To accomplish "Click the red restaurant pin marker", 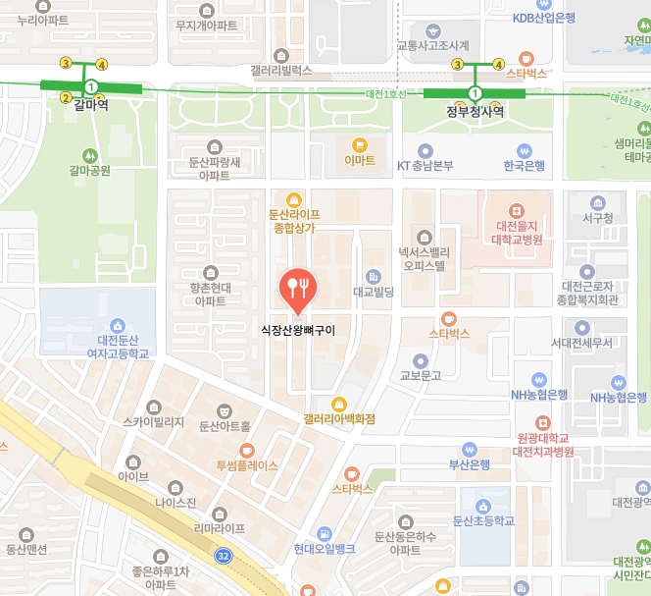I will [296, 287].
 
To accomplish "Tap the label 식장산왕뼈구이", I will [298, 331].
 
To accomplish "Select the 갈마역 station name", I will [89, 104].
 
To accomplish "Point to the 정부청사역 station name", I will [476, 111].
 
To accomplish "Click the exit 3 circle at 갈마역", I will [66, 63].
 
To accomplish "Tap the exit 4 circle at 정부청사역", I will [498, 65].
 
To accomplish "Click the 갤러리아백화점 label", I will [339, 418].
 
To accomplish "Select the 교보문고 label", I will [421, 375].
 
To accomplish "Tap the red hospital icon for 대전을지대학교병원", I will [519, 211].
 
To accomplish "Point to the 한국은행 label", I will [524, 165].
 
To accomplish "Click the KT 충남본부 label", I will [425, 165].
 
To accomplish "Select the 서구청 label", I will [596, 218].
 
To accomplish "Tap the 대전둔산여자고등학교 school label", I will [118, 346].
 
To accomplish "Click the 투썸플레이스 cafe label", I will [247, 465].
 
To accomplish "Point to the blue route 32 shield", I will [225, 556].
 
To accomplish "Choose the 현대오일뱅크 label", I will [325, 549].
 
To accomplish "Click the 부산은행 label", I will [470, 464].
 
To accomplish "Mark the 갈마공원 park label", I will [89, 170].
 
